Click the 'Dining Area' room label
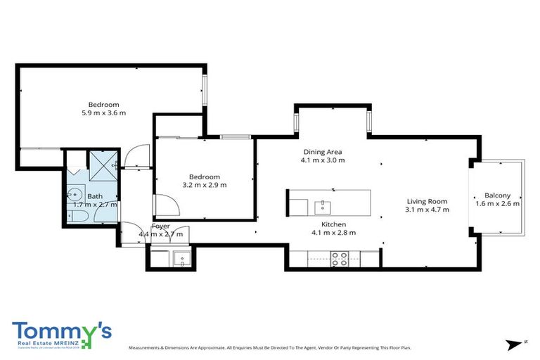[x=323, y=152]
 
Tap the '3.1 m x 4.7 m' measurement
[x=427, y=210]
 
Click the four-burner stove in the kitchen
[x=339, y=259]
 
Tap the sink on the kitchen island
[x=323, y=206]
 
